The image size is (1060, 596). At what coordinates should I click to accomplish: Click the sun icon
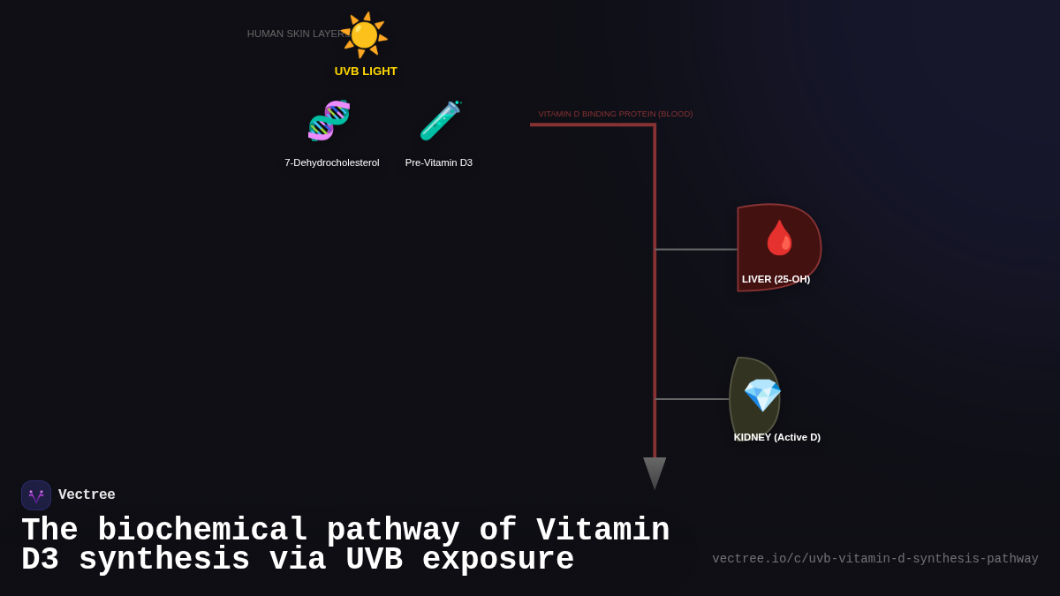click(364, 35)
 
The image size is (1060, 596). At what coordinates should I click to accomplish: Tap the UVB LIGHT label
click(366, 72)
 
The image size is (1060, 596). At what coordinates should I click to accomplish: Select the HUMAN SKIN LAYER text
click(295, 34)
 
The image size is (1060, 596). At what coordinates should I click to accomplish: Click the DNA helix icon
click(329, 121)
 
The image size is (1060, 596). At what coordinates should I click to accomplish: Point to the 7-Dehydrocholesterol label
click(332, 162)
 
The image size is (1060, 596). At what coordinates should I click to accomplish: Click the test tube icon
click(440, 121)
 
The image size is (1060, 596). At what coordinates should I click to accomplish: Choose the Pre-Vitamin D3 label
click(439, 162)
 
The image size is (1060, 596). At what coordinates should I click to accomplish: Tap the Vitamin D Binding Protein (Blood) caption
click(616, 114)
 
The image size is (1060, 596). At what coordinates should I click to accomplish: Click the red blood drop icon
click(779, 238)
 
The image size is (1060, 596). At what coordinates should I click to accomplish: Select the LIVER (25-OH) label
click(776, 279)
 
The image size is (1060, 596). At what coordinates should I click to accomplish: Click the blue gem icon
click(761, 395)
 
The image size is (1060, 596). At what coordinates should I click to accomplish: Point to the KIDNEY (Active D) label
click(776, 437)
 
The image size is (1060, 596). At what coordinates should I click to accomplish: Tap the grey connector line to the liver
click(695, 250)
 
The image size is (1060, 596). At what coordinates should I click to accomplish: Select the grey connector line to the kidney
click(692, 399)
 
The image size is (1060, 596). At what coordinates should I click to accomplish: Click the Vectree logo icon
click(36, 495)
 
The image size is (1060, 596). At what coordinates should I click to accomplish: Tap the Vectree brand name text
click(87, 495)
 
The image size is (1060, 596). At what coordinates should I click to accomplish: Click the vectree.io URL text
click(874, 559)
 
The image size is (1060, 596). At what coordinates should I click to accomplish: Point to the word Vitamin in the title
click(602, 531)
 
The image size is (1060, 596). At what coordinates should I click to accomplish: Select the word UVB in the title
click(374, 560)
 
